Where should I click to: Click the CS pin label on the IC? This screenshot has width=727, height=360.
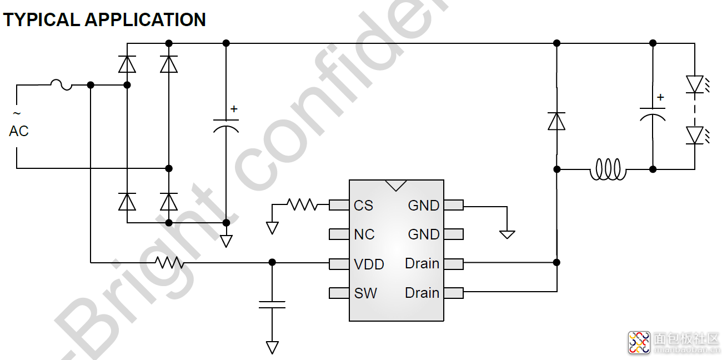(x=363, y=206)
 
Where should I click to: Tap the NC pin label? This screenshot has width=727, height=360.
(x=364, y=234)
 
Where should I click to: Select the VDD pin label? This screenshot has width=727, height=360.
(x=369, y=264)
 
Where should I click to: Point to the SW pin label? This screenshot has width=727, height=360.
(x=365, y=293)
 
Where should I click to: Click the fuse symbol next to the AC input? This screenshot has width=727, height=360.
(x=61, y=85)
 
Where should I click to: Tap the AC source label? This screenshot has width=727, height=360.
(x=18, y=131)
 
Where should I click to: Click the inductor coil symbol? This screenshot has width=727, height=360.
(x=607, y=169)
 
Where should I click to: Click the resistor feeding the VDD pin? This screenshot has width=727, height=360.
(x=169, y=262)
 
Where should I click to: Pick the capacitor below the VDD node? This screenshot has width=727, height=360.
(x=272, y=304)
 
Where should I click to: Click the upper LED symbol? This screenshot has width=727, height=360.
(x=695, y=84)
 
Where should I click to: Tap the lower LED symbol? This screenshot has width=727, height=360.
(x=695, y=135)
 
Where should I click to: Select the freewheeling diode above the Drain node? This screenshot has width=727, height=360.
(x=556, y=121)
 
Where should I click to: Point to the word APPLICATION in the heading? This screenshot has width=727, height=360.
(x=145, y=20)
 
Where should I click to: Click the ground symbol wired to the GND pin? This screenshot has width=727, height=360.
(x=507, y=234)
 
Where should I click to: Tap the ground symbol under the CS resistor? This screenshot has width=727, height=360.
(x=272, y=228)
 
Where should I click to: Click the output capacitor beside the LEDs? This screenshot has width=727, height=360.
(x=653, y=113)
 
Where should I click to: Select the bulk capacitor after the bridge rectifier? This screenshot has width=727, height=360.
(x=226, y=125)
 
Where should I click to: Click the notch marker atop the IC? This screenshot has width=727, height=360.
(x=396, y=185)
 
